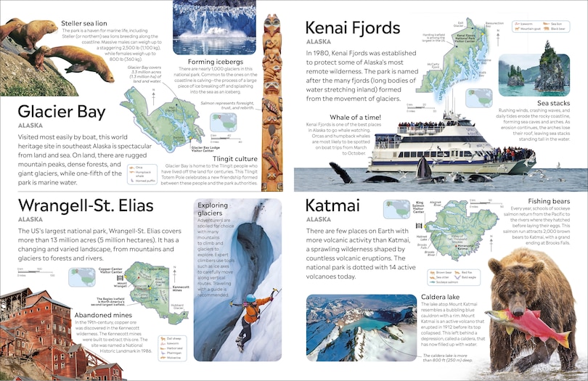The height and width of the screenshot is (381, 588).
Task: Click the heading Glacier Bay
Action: coord(62,112)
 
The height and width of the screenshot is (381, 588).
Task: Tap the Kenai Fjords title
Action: coord(353,28)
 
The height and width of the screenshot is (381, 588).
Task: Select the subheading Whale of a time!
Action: coord(355,117)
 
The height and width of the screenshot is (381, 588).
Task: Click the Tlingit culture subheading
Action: coord(236,158)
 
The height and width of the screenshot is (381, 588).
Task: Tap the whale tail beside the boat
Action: coord(340,172)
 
